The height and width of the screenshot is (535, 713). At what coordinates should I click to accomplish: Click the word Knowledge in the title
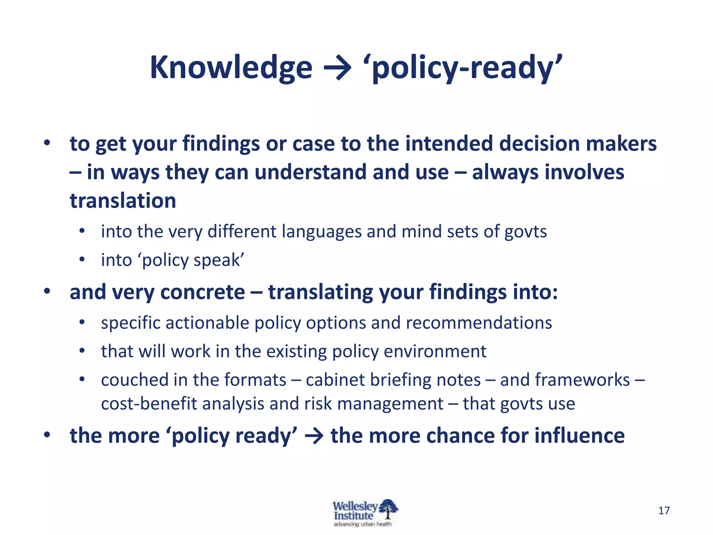pyautogui.click(x=231, y=68)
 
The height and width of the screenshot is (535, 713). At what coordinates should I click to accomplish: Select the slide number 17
pyautogui.click(x=664, y=511)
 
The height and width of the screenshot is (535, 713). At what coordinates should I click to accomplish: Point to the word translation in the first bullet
pyautogui.click(x=123, y=201)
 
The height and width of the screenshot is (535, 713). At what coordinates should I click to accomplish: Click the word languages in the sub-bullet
pyautogui.click(x=321, y=232)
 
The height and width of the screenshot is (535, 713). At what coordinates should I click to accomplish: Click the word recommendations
pyautogui.click(x=479, y=323)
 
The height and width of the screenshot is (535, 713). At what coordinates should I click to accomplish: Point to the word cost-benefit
pyautogui.click(x=149, y=404)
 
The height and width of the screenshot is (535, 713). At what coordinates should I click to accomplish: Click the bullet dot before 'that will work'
pyautogui.click(x=82, y=351)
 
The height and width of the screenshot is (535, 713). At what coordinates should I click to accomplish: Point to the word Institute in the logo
pyautogui.click(x=353, y=516)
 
